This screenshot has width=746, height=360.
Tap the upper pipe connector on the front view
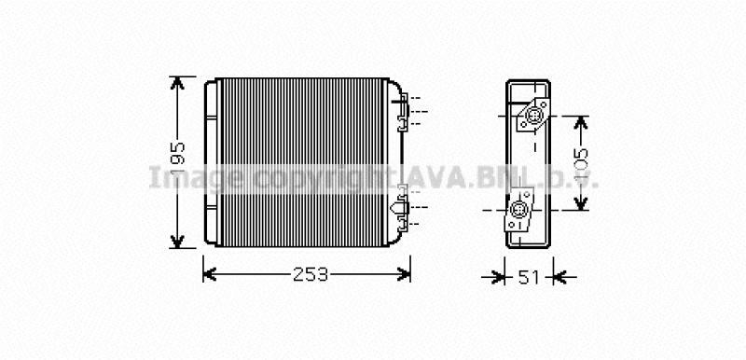click(x=403, y=108)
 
